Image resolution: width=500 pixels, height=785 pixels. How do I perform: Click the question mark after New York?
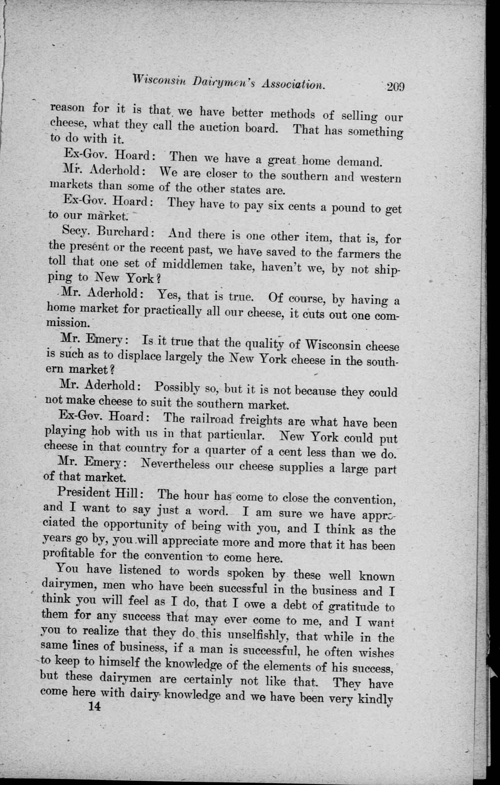pyautogui.click(x=147, y=279)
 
